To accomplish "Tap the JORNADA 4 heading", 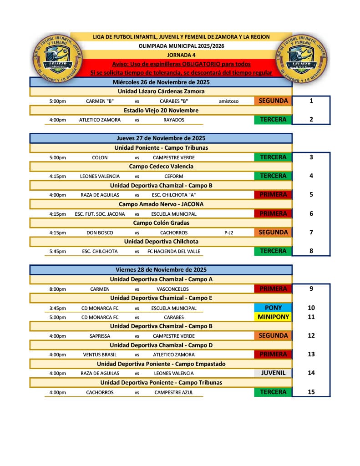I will point(181,55).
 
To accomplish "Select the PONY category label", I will point(273,308).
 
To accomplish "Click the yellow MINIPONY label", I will point(273,317).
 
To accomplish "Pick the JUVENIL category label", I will point(273,373).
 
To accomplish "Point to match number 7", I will point(311,232).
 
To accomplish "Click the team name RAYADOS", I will point(174,120).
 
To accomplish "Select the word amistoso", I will point(228,101).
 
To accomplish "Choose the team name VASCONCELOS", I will point(172,289).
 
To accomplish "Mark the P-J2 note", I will point(228,233).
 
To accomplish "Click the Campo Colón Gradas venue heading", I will point(161,223).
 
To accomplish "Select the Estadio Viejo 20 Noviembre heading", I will point(161,111).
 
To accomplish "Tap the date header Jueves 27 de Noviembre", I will point(161,138).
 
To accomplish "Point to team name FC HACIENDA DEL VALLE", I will point(174,251).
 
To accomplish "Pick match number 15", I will point(311,392).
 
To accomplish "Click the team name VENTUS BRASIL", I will point(100,355).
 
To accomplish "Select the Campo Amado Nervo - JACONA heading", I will point(161,204).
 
